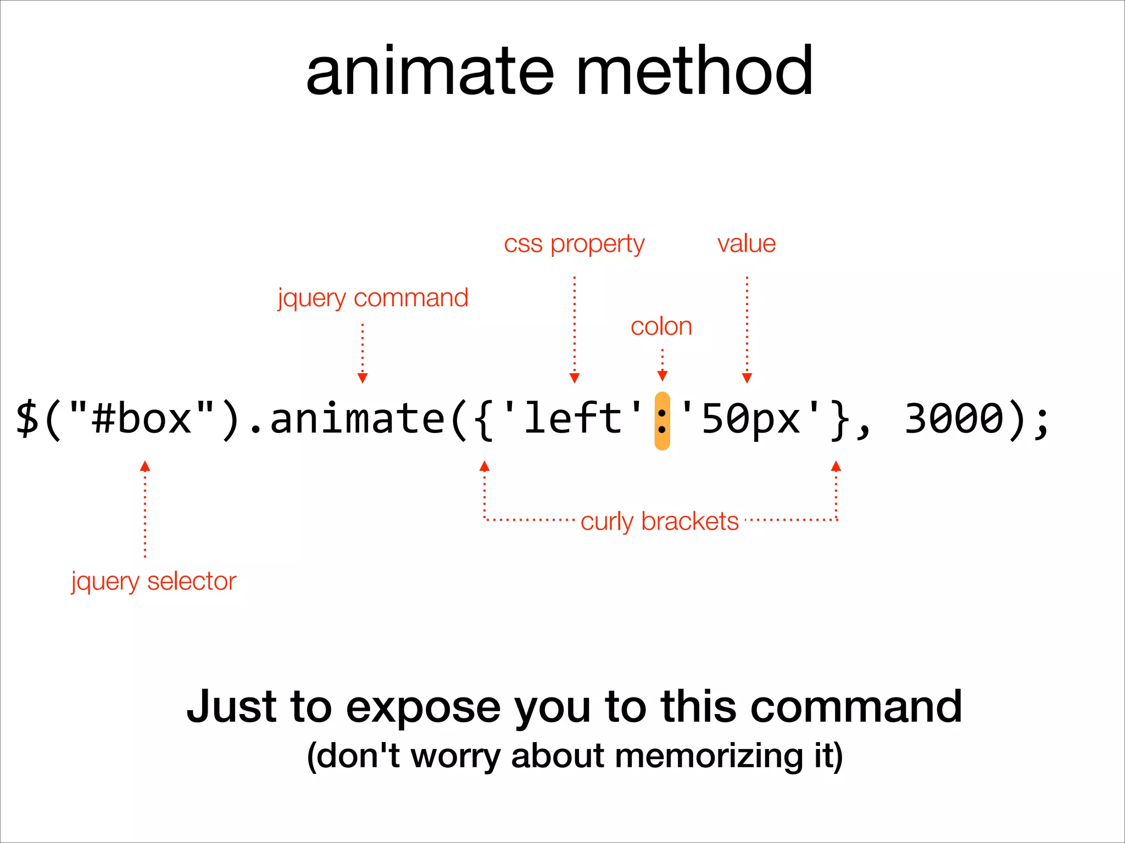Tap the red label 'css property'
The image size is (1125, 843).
[x=574, y=244]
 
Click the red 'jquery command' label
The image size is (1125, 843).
[x=373, y=298]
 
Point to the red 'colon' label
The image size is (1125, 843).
[x=661, y=327]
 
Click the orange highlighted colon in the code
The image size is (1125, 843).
[x=662, y=421]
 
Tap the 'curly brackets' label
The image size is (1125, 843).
[x=659, y=521]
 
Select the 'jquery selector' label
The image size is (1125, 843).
[x=154, y=581]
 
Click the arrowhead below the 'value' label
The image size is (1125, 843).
[x=747, y=378]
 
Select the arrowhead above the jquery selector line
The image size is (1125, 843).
[x=145, y=467]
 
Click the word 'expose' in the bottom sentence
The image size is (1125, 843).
[x=423, y=708]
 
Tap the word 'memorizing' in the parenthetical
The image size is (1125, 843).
[x=709, y=756]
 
